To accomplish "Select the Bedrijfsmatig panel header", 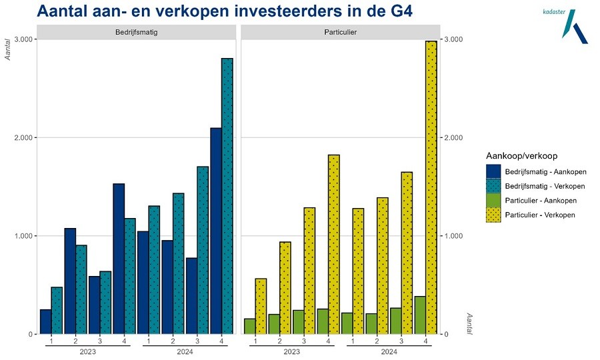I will click(x=137, y=31).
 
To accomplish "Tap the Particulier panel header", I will click(x=341, y=31).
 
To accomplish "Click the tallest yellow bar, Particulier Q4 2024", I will click(x=431, y=187).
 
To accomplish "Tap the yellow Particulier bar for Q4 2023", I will click(x=334, y=244).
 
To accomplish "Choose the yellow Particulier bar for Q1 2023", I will click(x=261, y=306).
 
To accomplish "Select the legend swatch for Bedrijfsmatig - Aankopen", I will click(x=493, y=171).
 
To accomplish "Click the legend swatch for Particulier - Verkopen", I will click(x=493, y=215).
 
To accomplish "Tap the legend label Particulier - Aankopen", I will click(x=540, y=200).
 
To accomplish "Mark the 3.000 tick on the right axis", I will click(x=453, y=39).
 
